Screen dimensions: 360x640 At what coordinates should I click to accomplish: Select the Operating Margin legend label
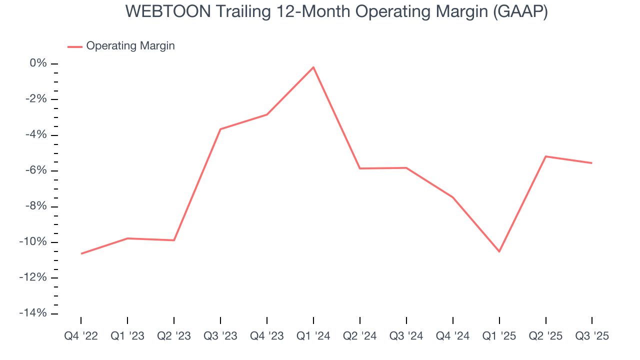pyautogui.click(x=130, y=46)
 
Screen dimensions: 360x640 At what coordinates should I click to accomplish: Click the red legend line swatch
pyautogui.click(x=74, y=47)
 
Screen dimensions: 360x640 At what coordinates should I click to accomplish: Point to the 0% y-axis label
pyautogui.click(x=38, y=63)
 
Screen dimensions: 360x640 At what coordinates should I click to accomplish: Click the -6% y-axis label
pyautogui.click(x=36, y=170)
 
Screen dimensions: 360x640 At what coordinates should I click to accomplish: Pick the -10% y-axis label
pyautogui.click(x=34, y=242)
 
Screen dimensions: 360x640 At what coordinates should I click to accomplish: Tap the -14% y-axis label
pyautogui.click(x=34, y=313)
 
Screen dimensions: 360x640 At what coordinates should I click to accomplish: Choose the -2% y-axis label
pyautogui.click(x=36, y=99)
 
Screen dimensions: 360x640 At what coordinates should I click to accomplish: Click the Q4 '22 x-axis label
pyautogui.click(x=81, y=336)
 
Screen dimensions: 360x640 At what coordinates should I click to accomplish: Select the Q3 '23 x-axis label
pyautogui.click(x=220, y=336)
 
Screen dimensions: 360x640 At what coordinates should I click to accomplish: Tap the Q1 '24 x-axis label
pyautogui.click(x=313, y=336)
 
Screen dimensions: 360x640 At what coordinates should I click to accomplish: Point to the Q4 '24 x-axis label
pyautogui.click(x=453, y=336)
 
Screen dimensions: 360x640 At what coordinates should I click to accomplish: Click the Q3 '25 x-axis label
pyautogui.click(x=592, y=336)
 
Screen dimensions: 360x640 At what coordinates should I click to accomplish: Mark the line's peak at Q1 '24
pyautogui.click(x=313, y=67)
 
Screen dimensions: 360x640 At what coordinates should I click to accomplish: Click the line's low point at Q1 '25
pyautogui.click(x=499, y=251)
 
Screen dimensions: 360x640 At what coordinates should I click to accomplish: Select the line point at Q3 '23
pyautogui.click(x=220, y=129)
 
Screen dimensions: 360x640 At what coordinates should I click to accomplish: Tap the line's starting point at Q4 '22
pyautogui.click(x=81, y=253)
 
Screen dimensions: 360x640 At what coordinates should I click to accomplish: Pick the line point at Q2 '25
pyautogui.click(x=545, y=156)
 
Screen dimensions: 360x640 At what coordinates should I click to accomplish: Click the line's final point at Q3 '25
pyautogui.click(x=592, y=163)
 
